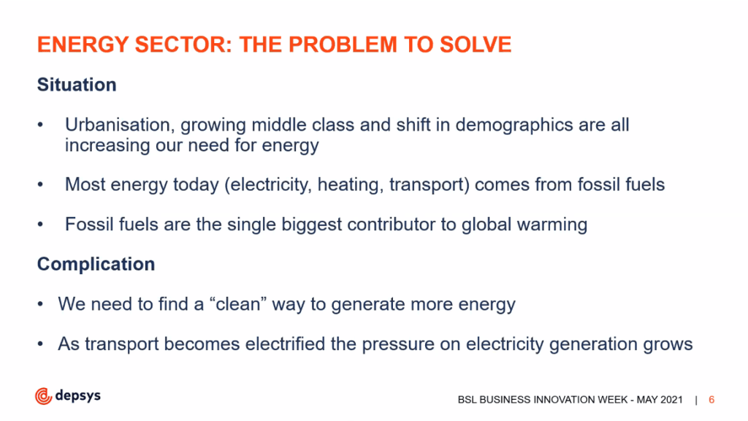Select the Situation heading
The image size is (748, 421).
[77, 85]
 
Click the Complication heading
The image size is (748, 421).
[96, 264]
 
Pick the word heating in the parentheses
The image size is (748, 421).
[351, 185]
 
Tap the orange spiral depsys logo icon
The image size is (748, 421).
[43, 396]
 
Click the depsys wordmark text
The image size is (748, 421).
[77, 395]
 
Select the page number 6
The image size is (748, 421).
[711, 400]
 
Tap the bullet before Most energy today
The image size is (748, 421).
[41, 185]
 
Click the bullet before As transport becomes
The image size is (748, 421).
[41, 344]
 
